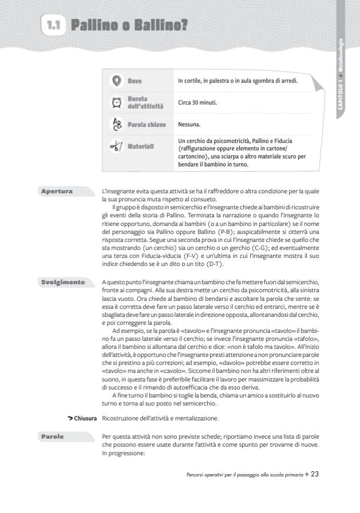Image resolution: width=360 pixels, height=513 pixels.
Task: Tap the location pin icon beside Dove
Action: coord(116,81)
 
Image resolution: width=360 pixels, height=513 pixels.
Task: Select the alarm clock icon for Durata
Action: coord(116,102)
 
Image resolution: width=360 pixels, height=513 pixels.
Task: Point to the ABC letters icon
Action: coord(116,124)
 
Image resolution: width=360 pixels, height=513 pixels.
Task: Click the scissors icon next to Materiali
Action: coord(116,146)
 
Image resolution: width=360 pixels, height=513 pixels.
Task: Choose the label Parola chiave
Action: coord(147,124)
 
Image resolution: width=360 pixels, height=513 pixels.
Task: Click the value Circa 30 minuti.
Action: coord(197,103)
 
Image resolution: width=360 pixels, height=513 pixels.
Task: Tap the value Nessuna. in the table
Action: coord(189,124)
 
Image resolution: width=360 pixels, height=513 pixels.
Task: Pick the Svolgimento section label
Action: coord(62,282)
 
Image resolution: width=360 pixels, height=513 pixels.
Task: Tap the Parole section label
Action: coord(52,437)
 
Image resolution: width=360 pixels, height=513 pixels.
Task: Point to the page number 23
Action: coord(314,474)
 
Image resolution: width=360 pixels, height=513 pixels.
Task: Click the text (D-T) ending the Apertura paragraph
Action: coord(212,264)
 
